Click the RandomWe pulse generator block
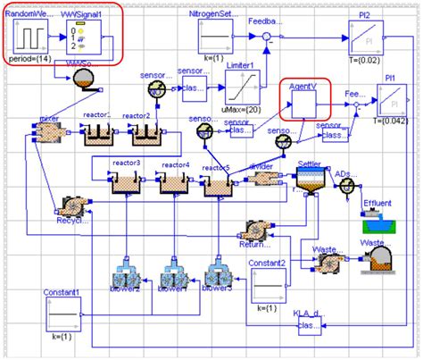31,38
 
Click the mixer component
43,131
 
